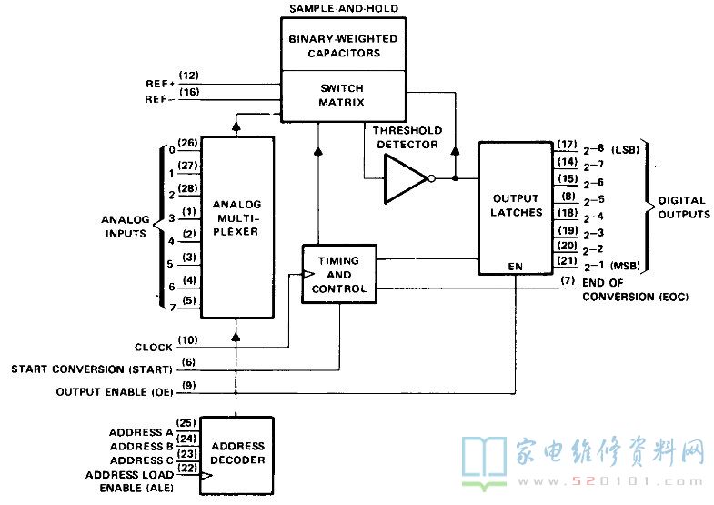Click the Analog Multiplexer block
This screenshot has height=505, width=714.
tap(237, 227)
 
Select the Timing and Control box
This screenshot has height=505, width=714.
tap(339, 274)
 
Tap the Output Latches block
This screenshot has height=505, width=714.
tap(516, 208)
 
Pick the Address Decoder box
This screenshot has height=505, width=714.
tap(236, 455)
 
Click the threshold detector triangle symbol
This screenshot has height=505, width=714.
tap(406, 178)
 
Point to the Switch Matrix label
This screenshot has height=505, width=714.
tap(341, 96)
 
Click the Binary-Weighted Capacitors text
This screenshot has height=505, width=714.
tap(343, 46)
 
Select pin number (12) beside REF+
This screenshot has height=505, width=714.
tap(189, 76)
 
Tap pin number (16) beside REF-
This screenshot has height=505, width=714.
tap(189, 92)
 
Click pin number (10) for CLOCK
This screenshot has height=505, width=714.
tap(187, 340)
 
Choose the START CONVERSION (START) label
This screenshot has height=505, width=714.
tap(92, 369)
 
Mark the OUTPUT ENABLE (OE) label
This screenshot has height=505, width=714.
tap(115, 392)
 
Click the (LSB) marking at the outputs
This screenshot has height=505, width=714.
tap(625, 150)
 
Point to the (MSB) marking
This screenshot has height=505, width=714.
tap(625, 266)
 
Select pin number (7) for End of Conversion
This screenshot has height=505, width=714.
tap(568, 280)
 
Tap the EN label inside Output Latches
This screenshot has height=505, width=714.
tap(516, 267)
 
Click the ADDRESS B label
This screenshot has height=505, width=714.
tap(142, 446)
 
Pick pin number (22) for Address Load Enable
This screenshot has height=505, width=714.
tap(186, 468)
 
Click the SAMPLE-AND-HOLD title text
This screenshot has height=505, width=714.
tap(344, 8)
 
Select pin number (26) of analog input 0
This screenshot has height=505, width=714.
tap(187, 143)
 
